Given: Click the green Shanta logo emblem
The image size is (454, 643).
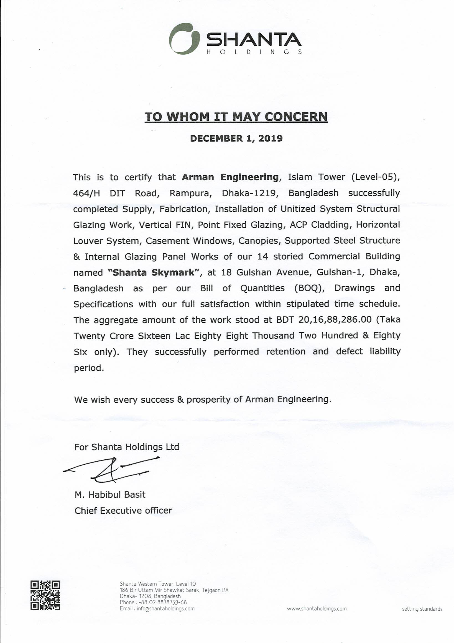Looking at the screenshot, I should click(x=184, y=39).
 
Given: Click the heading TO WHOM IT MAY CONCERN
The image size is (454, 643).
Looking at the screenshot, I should click(x=236, y=117).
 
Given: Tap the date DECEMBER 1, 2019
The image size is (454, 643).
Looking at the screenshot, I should click(x=236, y=138).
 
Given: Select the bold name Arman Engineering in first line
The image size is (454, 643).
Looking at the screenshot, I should click(x=230, y=177).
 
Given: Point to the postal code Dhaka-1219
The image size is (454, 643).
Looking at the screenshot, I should click(x=250, y=193).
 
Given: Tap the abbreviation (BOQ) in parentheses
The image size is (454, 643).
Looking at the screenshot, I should click(x=309, y=288).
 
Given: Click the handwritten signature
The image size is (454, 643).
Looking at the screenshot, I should click(x=112, y=470).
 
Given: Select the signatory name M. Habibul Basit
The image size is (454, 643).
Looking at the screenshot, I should click(x=110, y=495).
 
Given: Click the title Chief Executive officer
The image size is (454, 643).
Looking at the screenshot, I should click(x=123, y=511).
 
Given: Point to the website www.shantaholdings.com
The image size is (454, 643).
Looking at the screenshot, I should click(x=317, y=609).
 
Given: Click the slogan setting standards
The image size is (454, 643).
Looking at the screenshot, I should click(x=422, y=609).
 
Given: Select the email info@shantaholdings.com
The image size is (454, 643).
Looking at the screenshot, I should click(x=165, y=609).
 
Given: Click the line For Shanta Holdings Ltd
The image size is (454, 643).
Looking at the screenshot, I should click(x=127, y=447).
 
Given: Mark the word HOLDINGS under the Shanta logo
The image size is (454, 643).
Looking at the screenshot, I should click(x=254, y=52).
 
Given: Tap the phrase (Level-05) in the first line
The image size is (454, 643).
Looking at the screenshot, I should click(x=375, y=177).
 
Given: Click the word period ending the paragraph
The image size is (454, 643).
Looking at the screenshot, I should click(x=89, y=368).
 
